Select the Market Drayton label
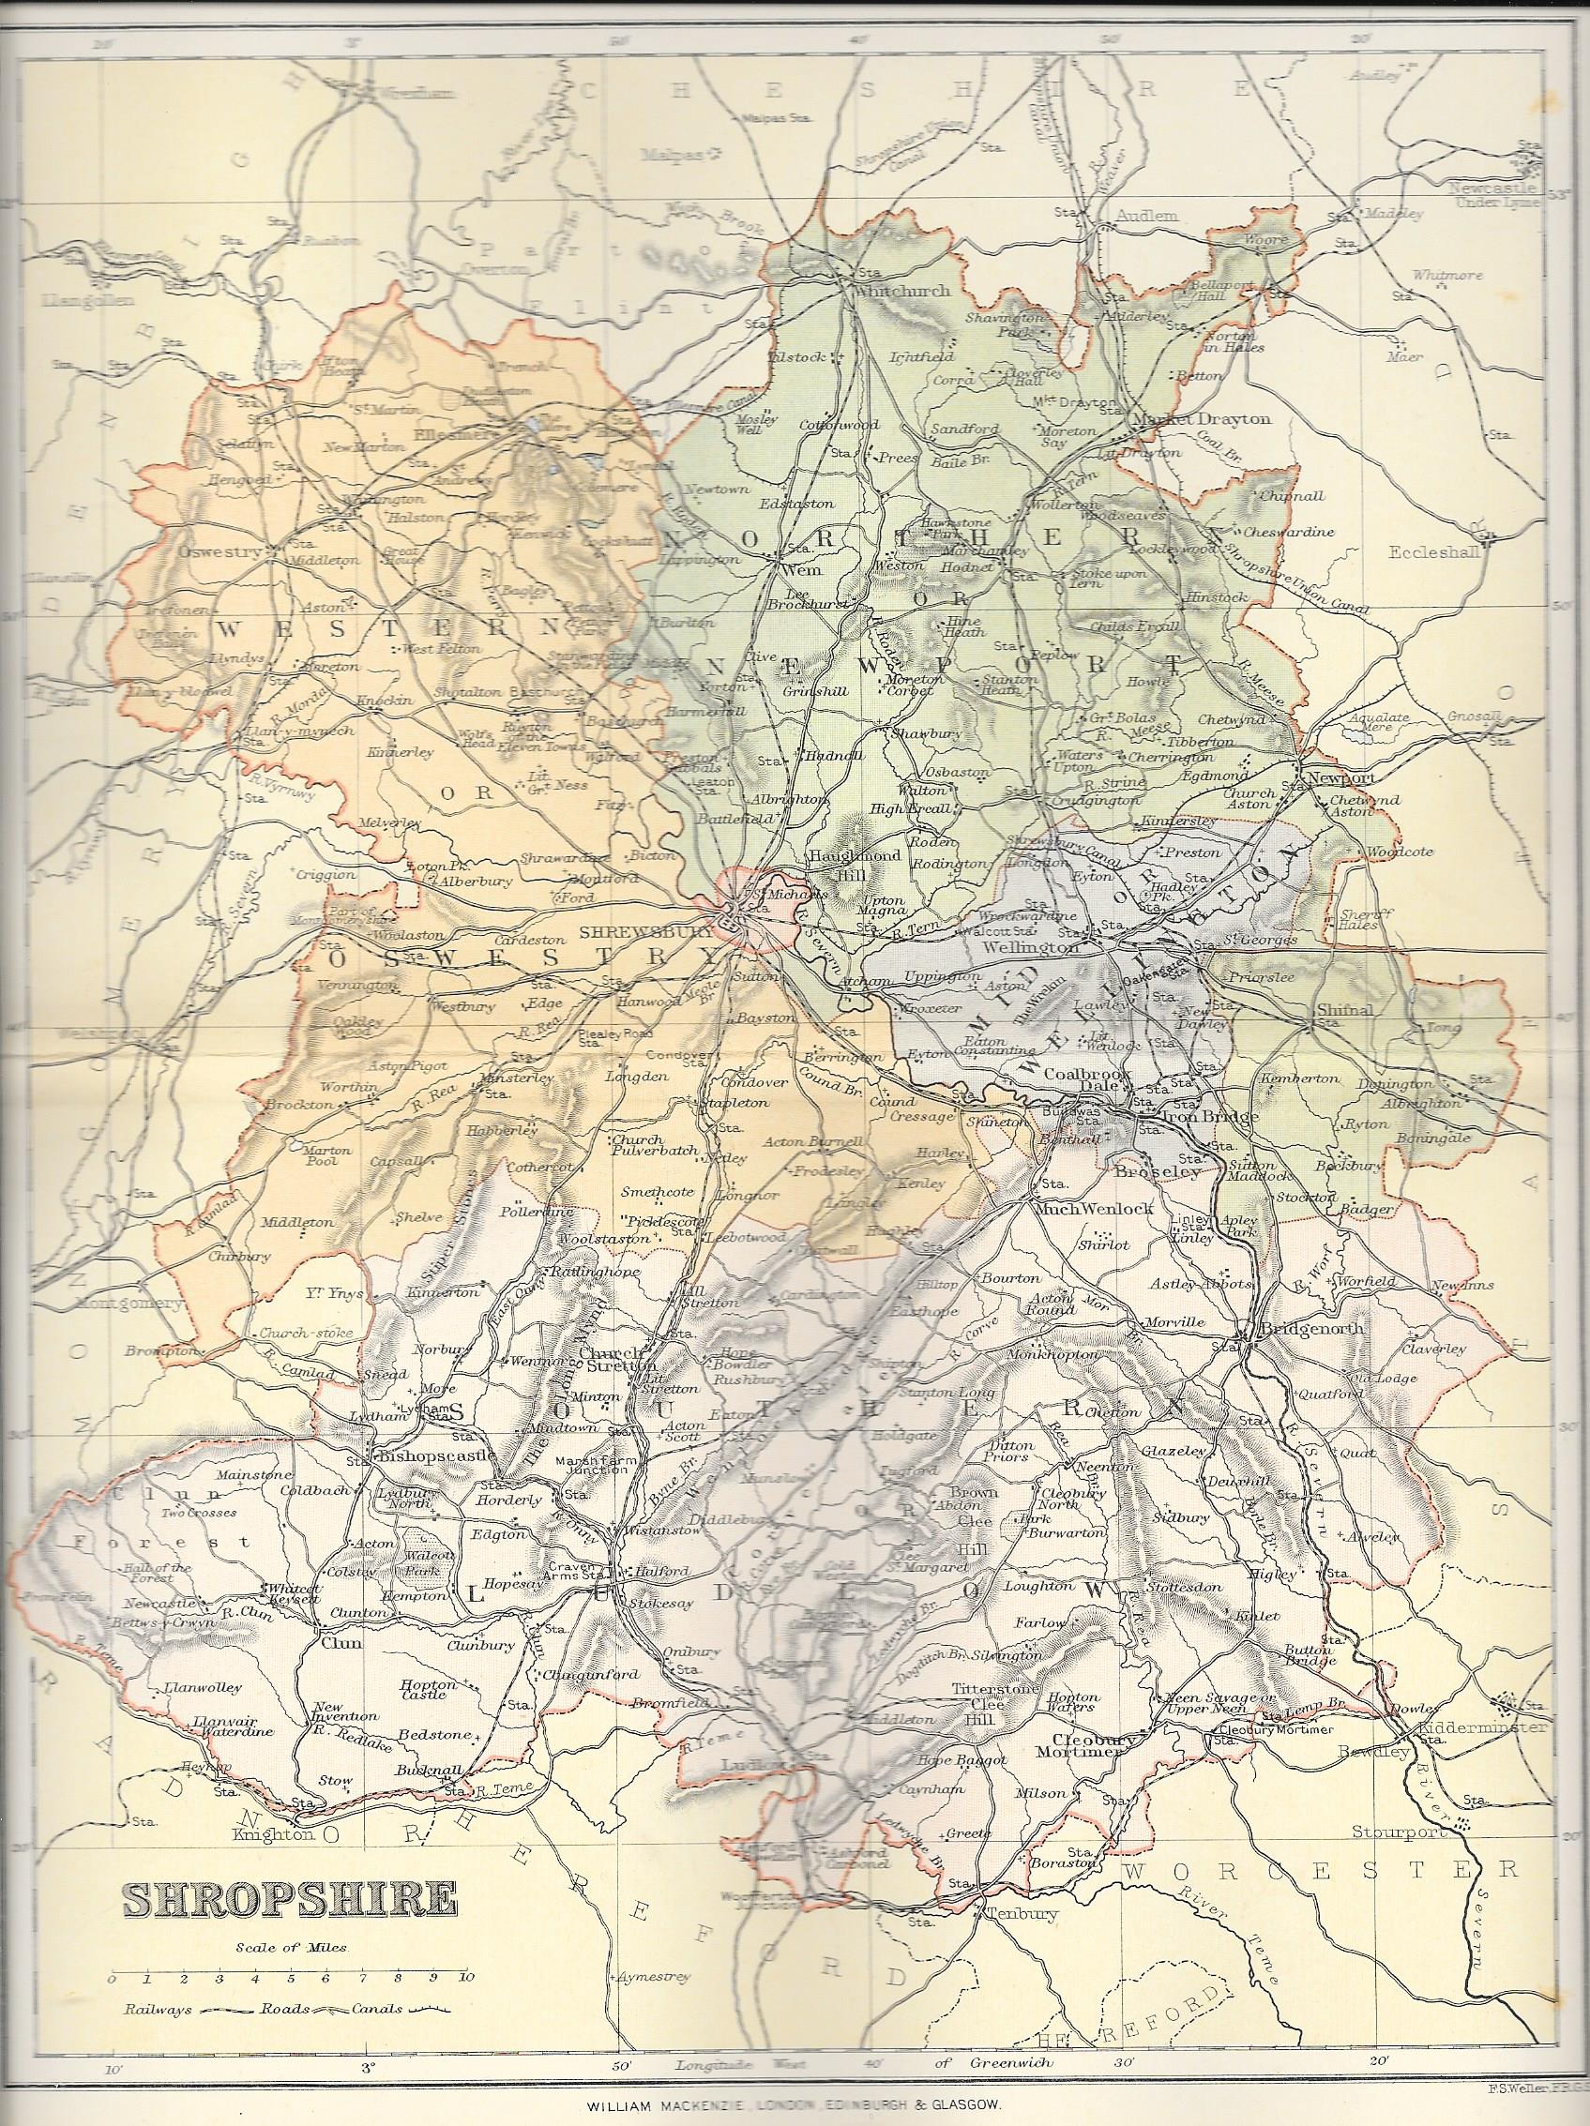1202,419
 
